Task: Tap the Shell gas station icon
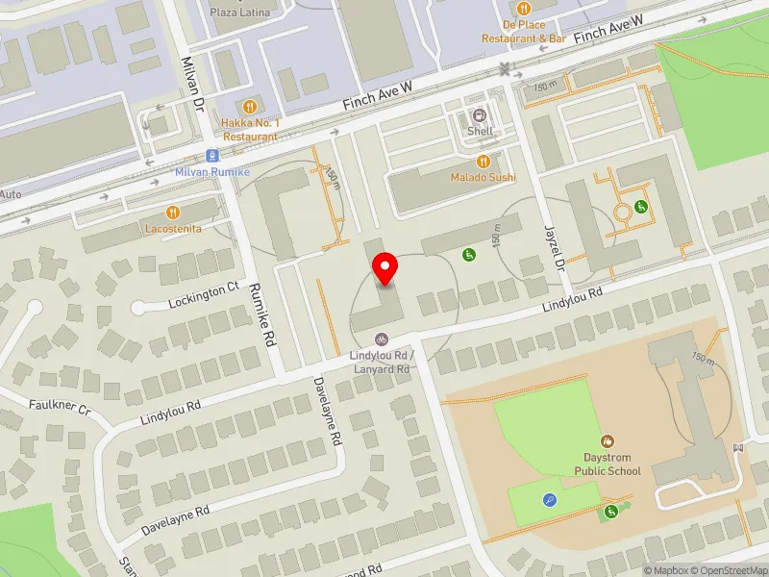[480, 114]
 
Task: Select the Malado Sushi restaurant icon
[484, 162]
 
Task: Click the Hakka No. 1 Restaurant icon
[250, 107]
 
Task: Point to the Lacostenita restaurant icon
[173, 212]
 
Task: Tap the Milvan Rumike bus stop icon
[211, 156]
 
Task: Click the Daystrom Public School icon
[608, 440]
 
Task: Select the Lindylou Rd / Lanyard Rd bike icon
[382, 339]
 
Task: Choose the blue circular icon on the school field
[549, 499]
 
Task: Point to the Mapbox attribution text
[665, 570]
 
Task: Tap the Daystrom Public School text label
[608, 464]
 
